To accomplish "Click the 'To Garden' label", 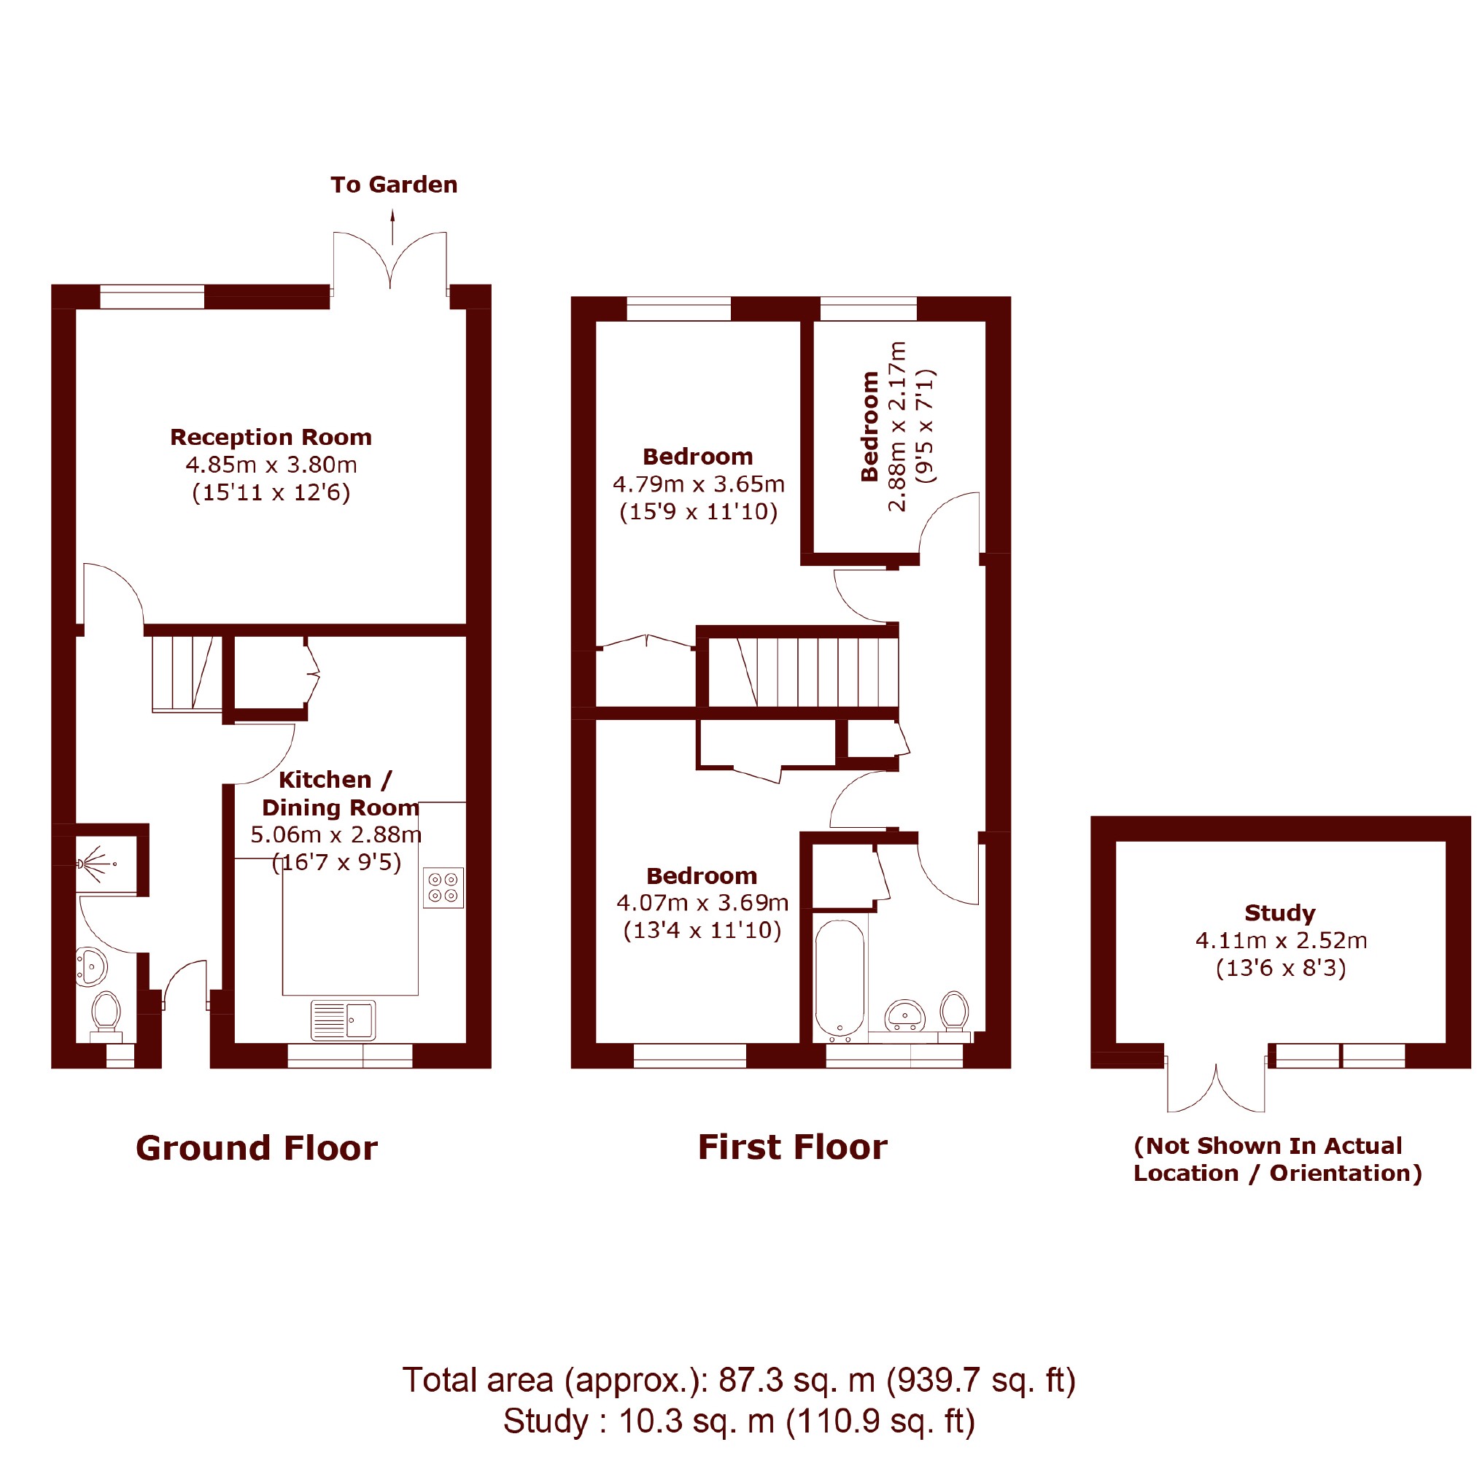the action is pyautogui.click(x=394, y=185).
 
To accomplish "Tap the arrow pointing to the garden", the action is pyautogui.click(x=393, y=228).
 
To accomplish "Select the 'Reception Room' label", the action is pyautogui.click(x=271, y=438).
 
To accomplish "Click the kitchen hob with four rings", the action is pyautogui.click(x=443, y=888).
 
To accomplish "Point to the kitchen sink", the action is pyautogui.click(x=344, y=1020).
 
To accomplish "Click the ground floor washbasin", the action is pyautogui.click(x=91, y=967).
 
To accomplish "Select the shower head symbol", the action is pyautogui.click(x=96, y=864).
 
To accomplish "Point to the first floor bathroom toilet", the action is pyautogui.click(x=954, y=1015).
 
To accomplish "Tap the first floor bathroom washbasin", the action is pyautogui.click(x=905, y=1016).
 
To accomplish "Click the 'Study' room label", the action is pyautogui.click(x=1280, y=912).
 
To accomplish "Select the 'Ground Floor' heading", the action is pyautogui.click(x=257, y=1148).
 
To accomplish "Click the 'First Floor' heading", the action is pyautogui.click(x=793, y=1147).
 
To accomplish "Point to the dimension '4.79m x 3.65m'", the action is pyautogui.click(x=699, y=484).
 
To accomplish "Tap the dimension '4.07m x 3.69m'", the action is pyautogui.click(x=702, y=903).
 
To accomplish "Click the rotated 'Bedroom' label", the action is pyautogui.click(x=869, y=426).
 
